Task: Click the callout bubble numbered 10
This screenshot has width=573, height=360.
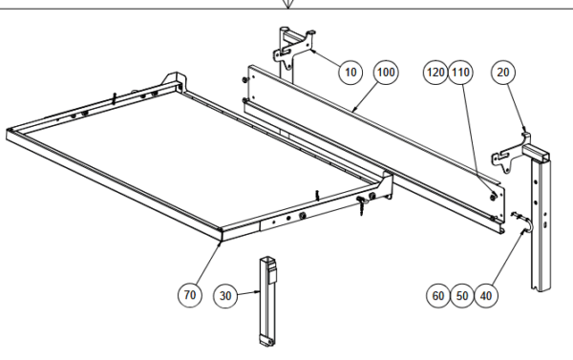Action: click(x=350, y=73)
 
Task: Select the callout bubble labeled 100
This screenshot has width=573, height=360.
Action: click(x=386, y=73)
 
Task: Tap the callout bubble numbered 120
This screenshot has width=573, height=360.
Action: click(x=435, y=73)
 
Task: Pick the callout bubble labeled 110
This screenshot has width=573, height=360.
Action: click(x=460, y=73)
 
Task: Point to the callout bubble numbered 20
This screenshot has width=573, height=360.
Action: click(x=503, y=73)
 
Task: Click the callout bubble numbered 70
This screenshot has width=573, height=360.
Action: click(x=190, y=295)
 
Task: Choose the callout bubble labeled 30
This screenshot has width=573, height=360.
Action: click(x=225, y=296)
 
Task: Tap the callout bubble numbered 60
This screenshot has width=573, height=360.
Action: click(x=438, y=296)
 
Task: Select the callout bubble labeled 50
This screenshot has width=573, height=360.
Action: click(x=462, y=296)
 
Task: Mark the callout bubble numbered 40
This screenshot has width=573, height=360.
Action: click(x=486, y=296)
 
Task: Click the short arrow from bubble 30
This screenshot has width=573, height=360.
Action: click(x=249, y=293)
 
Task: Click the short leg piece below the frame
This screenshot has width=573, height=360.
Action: click(x=267, y=301)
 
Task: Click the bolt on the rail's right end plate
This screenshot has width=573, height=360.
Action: click(x=493, y=197)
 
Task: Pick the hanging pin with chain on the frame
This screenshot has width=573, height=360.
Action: click(x=361, y=205)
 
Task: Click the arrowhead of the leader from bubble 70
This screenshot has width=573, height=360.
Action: click(x=220, y=243)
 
